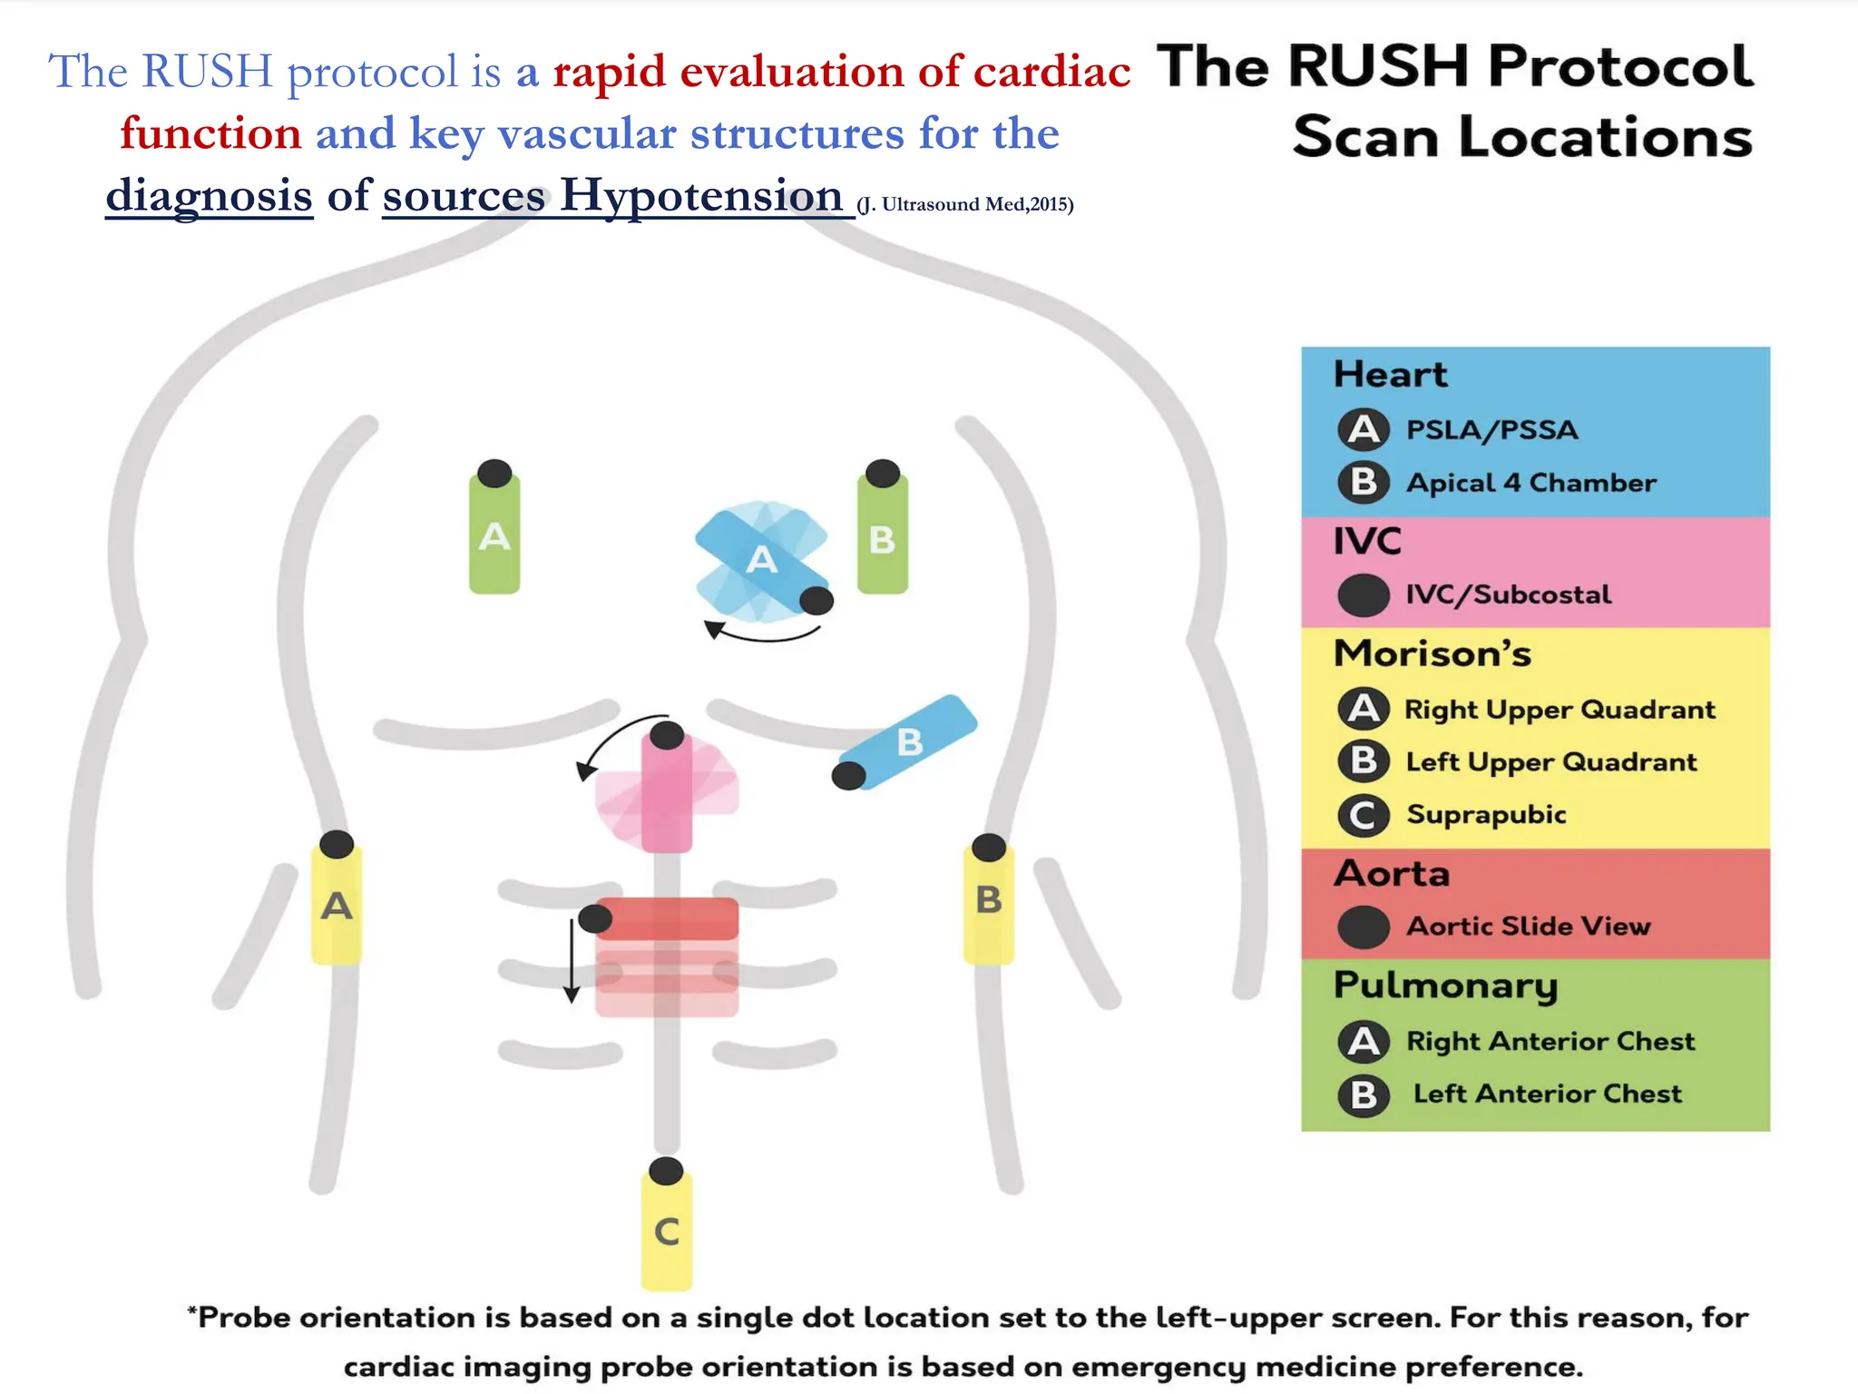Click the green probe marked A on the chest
coord(494,535)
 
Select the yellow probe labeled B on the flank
coord(988,900)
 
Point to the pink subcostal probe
coord(667,794)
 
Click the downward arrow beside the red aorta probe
coord(572,962)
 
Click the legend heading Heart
coord(1390,375)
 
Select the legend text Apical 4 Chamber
coord(1530,483)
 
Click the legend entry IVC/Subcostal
coord(1508,594)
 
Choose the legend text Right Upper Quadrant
coord(1560,709)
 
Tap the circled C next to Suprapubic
coord(1363,815)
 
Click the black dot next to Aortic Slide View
coord(1363,927)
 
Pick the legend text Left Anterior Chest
coord(1547,1094)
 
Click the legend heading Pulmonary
coord(1445,986)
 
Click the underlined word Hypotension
coord(700,195)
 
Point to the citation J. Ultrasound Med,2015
coord(965,204)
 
